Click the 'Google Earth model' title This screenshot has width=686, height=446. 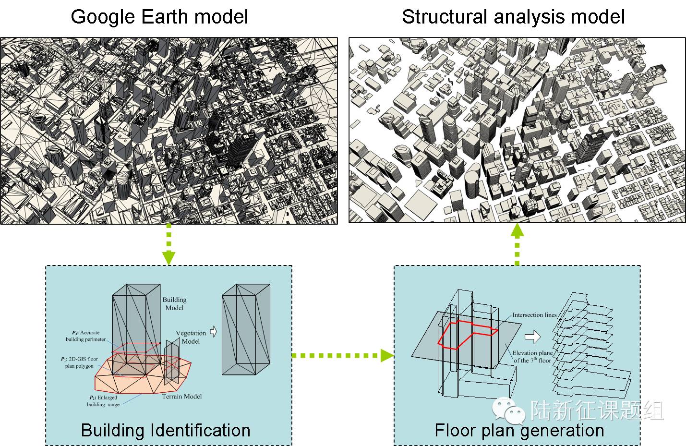coord(159,17)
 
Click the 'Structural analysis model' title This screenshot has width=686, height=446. coord(513,17)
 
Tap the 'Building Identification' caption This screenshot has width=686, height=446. coord(166,430)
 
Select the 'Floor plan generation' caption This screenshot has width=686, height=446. coord(519,430)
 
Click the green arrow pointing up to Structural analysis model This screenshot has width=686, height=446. coord(517,244)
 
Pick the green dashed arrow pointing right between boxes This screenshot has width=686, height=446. coord(342,356)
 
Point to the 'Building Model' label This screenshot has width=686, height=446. coord(174,303)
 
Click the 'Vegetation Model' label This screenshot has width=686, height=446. coord(191,337)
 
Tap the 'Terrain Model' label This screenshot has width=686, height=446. coord(181,397)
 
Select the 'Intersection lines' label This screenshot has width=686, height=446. coord(534,315)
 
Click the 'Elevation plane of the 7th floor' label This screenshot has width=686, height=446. coord(532,356)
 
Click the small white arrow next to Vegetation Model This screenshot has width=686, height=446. coord(214,331)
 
